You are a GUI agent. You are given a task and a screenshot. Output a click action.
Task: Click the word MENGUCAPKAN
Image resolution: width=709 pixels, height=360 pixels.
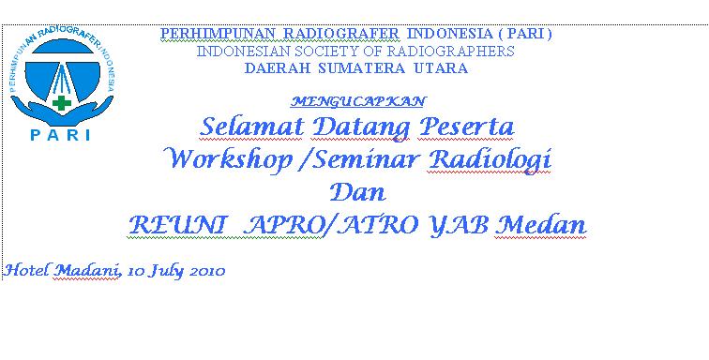358,99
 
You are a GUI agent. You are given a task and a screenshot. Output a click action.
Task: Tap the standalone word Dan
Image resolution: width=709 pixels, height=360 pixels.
357,191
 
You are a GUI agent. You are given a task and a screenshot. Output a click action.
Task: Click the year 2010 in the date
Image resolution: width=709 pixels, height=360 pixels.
206,271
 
